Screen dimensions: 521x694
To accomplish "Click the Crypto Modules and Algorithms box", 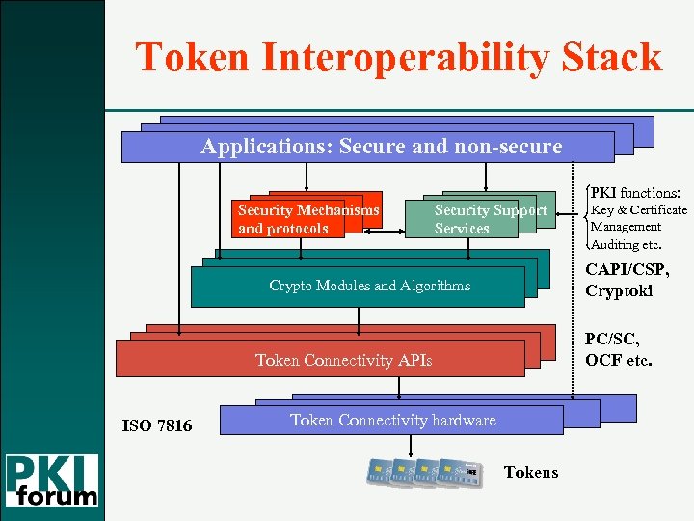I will tap(358, 286).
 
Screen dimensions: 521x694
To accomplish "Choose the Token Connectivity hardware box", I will tap(392, 420).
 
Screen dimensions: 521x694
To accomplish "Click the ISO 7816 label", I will tap(157, 425).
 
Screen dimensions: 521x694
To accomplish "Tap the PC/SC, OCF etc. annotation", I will tap(618, 350).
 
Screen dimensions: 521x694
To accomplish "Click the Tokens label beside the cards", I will tap(531, 472).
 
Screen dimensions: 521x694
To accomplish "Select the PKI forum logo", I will tap(53, 479).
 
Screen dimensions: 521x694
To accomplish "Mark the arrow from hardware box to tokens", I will tap(413, 446).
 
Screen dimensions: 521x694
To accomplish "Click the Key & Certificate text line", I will tap(638, 210).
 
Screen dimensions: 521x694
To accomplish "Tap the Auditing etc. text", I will tap(627, 244).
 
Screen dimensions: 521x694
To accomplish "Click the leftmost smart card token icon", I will tap(379, 472).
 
